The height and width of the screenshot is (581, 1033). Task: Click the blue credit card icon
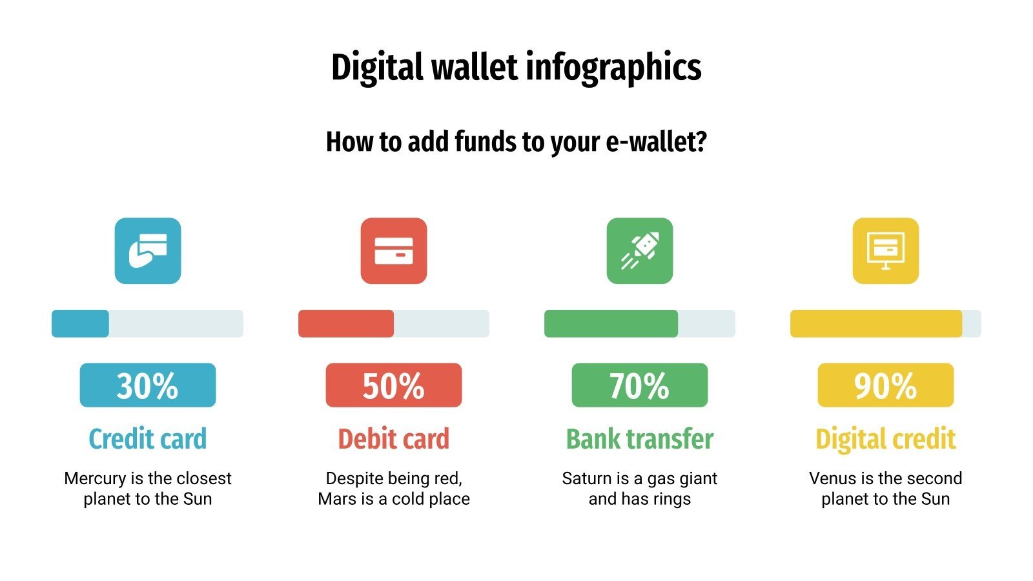[x=148, y=250]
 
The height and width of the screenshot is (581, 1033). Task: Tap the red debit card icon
[x=394, y=250]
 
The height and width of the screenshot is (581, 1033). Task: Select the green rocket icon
[x=640, y=250]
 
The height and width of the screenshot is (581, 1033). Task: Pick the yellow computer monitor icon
[x=886, y=250]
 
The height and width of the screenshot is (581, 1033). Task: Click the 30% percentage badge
[x=148, y=385]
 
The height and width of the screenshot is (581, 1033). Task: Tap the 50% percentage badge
[x=394, y=385]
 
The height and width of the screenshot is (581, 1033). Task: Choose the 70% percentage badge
[x=640, y=385]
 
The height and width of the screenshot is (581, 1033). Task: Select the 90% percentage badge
[x=886, y=385]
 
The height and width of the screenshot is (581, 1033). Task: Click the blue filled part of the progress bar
[x=80, y=323]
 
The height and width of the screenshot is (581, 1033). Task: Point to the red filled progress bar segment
[x=346, y=323]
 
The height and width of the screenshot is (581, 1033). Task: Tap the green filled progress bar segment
[x=611, y=323]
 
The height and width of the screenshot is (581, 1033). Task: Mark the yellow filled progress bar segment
[x=876, y=323]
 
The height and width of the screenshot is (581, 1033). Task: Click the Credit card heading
[x=148, y=439]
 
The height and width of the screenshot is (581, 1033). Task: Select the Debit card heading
[x=394, y=439]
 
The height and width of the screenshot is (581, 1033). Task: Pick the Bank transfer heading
[x=640, y=439]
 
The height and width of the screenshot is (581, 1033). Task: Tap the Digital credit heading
[x=886, y=439]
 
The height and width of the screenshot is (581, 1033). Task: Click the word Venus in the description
[x=832, y=479]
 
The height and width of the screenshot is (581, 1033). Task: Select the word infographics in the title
[x=613, y=68]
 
